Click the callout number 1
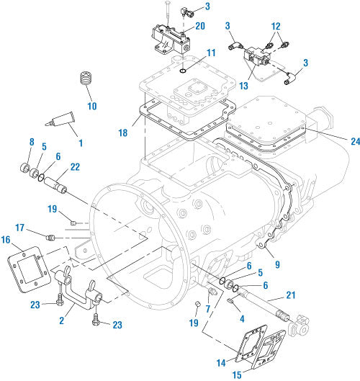coord(80,143)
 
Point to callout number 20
coord(200,27)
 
